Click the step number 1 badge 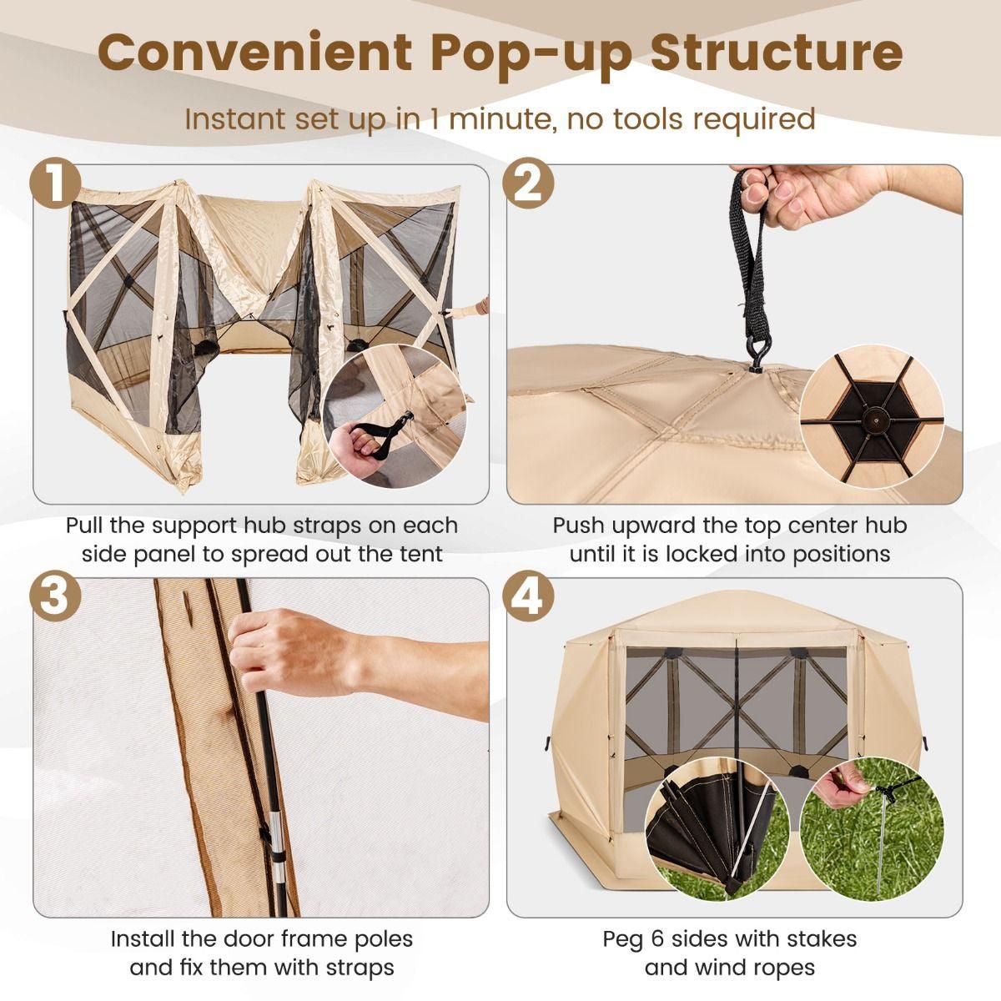(x=55, y=184)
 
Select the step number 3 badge (x=55, y=597)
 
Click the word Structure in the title (x=777, y=52)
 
